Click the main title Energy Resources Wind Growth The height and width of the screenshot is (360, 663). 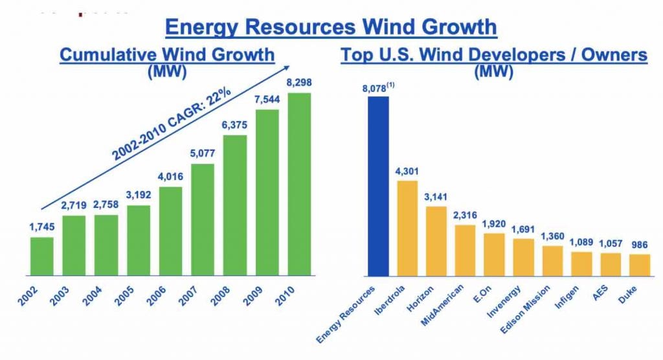coord(331,27)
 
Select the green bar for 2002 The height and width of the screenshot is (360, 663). coord(42,256)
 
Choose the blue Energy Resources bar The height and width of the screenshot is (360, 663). coord(378,186)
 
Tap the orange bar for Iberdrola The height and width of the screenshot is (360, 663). coord(407,228)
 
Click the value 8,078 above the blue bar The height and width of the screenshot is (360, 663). coord(377,87)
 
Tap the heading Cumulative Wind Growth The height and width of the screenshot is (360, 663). coord(167,54)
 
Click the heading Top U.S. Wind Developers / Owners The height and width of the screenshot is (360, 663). coord(494,54)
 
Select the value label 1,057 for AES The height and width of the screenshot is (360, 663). coord(610,244)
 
